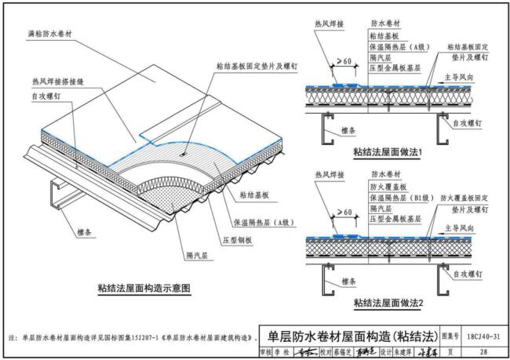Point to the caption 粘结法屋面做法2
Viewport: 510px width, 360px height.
[x=388, y=302]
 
